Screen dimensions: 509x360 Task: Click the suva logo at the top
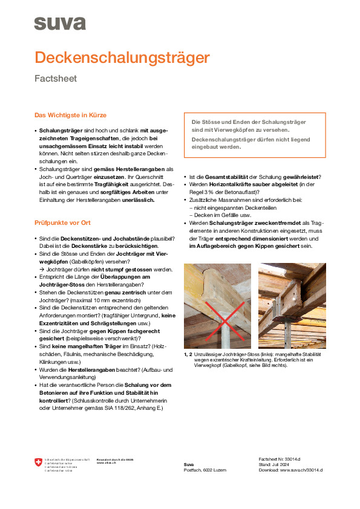click(59, 24)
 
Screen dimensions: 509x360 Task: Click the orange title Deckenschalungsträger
click(122, 58)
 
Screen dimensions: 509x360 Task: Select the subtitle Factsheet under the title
click(55, 79)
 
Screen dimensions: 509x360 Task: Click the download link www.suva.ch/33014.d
click(301, 470)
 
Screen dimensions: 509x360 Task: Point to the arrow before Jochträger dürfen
click(41, 269)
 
